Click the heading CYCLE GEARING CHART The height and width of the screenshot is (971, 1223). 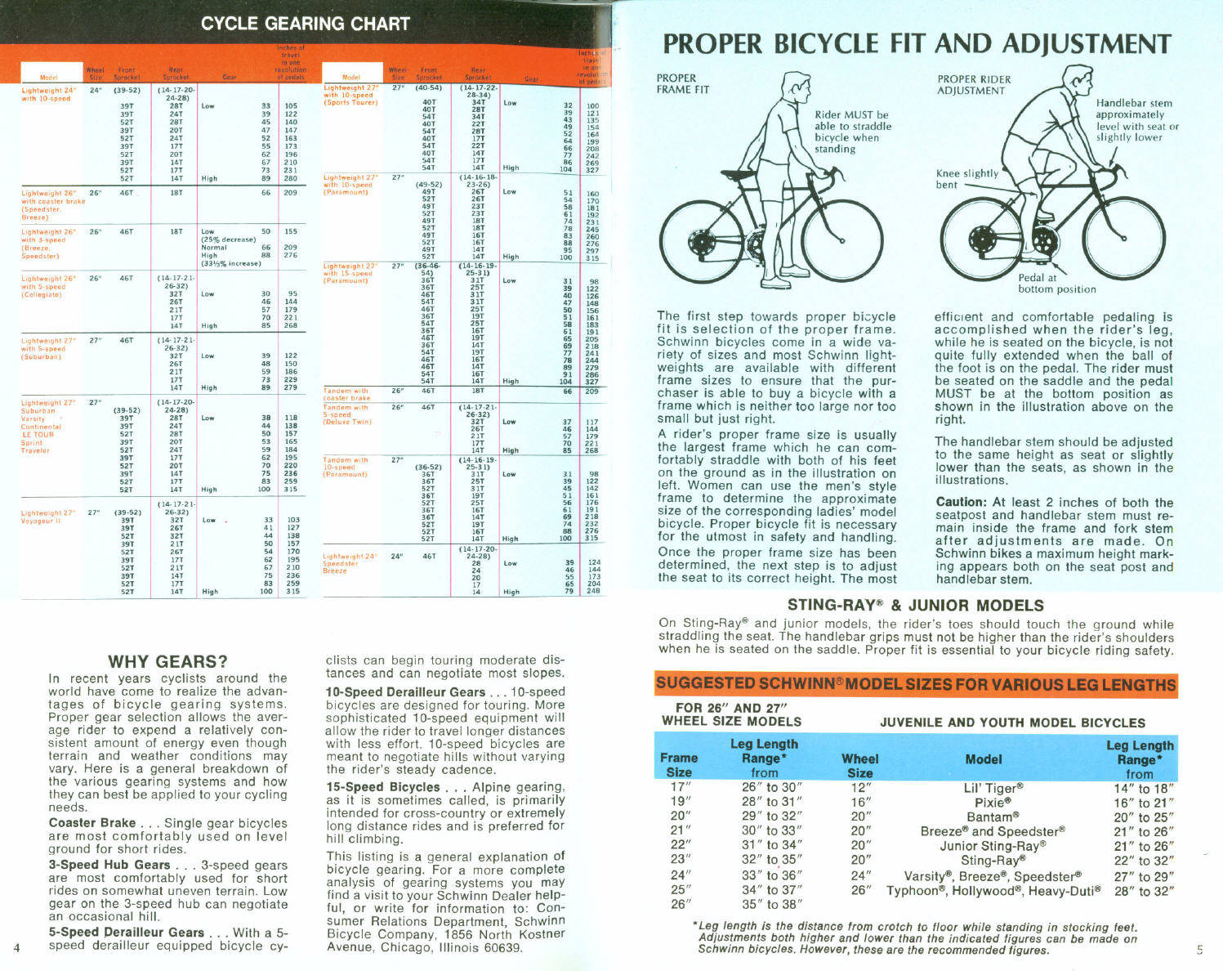(x=306, y=23)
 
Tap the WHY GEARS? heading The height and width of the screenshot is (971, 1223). (x=167, y=661)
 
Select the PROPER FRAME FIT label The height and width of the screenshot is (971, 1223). (x=683, y=83)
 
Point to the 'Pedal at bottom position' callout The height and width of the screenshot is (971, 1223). (x=1056, y=284)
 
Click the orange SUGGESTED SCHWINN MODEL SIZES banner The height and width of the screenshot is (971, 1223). (x=915, y=683)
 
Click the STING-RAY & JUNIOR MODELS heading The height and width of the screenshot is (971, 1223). (x=915, y=606)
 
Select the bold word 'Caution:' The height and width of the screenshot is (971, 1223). (x=961, y=502)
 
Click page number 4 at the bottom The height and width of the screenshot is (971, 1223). (x=16, y=946)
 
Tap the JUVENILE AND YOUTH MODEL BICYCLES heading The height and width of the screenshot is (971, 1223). (x=1012, y=723)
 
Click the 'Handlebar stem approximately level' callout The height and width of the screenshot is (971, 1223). (x=1136, y=120)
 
